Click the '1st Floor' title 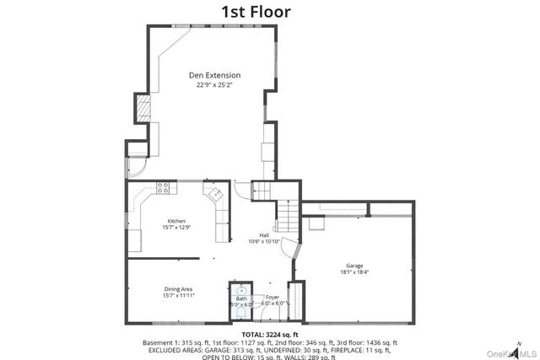point(256,12)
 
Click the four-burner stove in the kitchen point(163,187)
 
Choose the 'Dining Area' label point(178,289)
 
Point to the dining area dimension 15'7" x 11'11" point(178,296)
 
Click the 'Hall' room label point(264,235)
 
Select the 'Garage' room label point(354,265)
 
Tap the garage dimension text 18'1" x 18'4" point(354,271)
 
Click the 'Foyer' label point(272,297)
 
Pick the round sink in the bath point(241,289)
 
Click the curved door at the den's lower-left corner point(136,168)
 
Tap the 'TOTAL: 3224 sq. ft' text point(268,336)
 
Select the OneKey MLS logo point(506,350)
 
